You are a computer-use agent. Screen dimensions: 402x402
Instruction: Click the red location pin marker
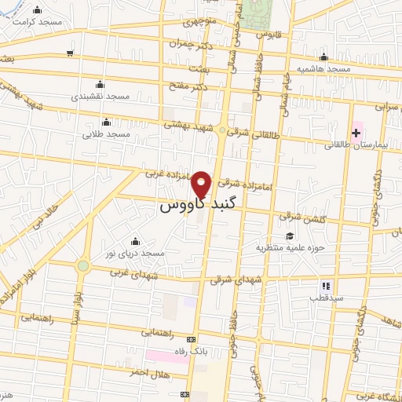202,184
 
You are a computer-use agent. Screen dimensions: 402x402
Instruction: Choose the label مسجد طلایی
108,134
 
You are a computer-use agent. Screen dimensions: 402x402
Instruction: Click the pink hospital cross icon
355,130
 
